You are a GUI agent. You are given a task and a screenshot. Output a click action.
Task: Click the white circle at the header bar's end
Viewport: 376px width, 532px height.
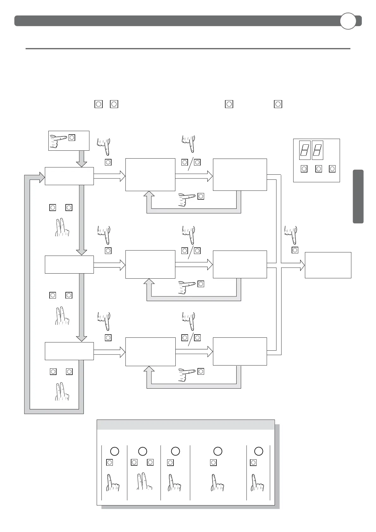pos(348,21)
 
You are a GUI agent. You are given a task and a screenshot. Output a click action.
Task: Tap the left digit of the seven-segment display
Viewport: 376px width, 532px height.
pos(305,150)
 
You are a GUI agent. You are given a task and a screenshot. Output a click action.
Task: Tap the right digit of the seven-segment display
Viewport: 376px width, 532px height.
pos(317,150)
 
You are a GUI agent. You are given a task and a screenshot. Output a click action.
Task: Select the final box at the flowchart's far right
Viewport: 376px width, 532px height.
pos(328,265)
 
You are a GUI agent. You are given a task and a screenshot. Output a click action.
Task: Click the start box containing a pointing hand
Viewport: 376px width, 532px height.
pos(69,141)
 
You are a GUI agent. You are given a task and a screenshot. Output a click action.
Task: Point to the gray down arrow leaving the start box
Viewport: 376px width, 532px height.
pos(82,159)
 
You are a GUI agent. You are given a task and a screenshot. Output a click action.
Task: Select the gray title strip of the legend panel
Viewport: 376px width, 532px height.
pos(185,425)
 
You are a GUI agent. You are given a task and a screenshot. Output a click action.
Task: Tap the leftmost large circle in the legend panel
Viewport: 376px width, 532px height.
pos(114,451)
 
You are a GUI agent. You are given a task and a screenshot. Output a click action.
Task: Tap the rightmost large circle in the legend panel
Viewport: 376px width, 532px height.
pos(258,451)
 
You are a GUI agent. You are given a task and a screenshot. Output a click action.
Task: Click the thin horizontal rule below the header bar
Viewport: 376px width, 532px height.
pos(188,49)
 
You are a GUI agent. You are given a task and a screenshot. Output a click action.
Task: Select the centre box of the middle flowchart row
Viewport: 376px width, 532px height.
pos(150,264)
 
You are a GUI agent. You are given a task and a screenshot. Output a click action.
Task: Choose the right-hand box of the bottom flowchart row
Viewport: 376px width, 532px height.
pos(240,351)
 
